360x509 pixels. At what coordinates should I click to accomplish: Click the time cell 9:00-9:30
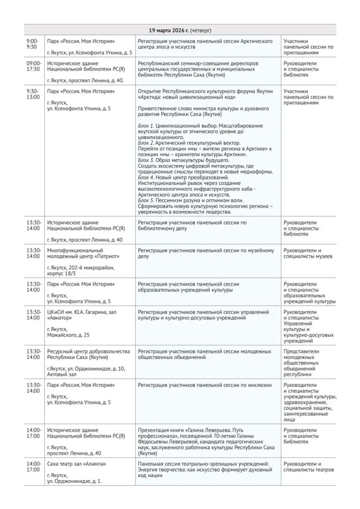(x=33, y=44)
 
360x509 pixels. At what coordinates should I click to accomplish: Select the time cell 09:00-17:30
(x=34, y=66)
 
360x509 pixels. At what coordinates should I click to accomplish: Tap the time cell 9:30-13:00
(x=33, y=94)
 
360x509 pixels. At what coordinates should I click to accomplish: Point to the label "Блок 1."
(x=146, y=126)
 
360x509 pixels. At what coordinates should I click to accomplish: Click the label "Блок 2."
(x=146, y=143)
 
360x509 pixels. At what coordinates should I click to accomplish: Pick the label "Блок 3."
(x=146, y=160)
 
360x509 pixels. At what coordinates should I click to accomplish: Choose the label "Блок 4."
(x=146, y=177)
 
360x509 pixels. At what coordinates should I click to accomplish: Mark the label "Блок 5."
(x=146, y=200)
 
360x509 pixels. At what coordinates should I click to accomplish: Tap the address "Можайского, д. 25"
(x=69, y=335)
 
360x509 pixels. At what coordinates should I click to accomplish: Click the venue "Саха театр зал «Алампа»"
(x=77, y=464)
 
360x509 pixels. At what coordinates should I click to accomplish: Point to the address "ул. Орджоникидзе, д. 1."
(x=75, y=481)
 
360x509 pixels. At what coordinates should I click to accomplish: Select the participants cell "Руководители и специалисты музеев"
(x=308, y=253)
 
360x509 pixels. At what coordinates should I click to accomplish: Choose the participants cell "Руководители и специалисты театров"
(x=308, y=467)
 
